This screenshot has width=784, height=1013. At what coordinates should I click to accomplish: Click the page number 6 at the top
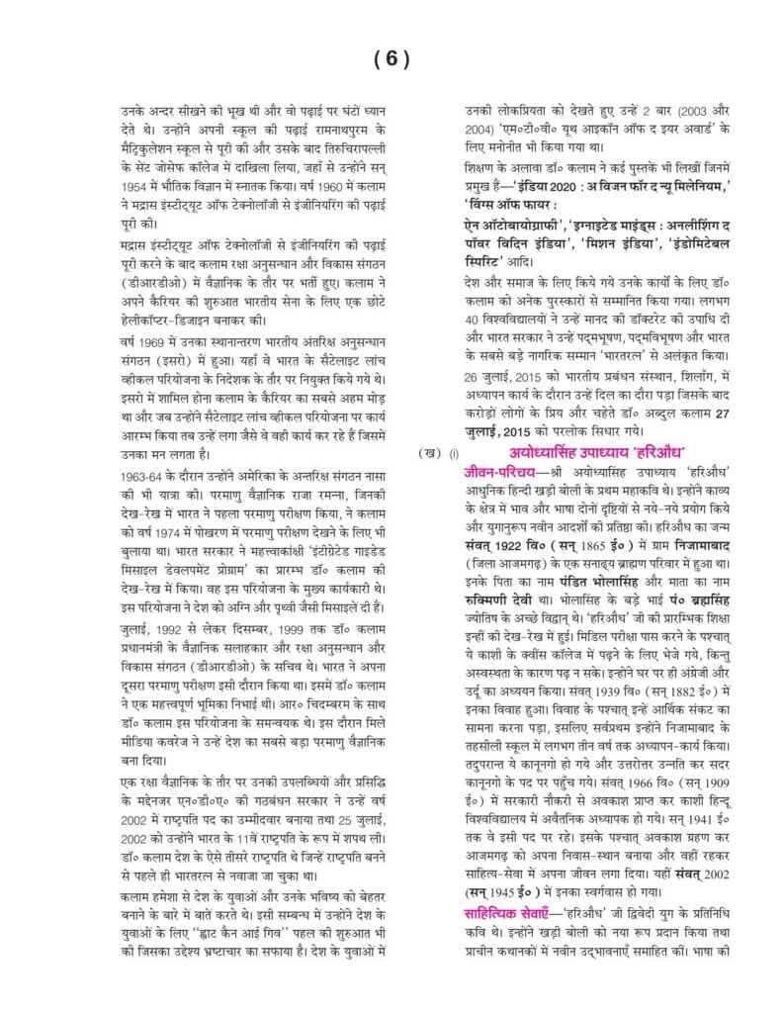pyautogui.click(x=392, y=58)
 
